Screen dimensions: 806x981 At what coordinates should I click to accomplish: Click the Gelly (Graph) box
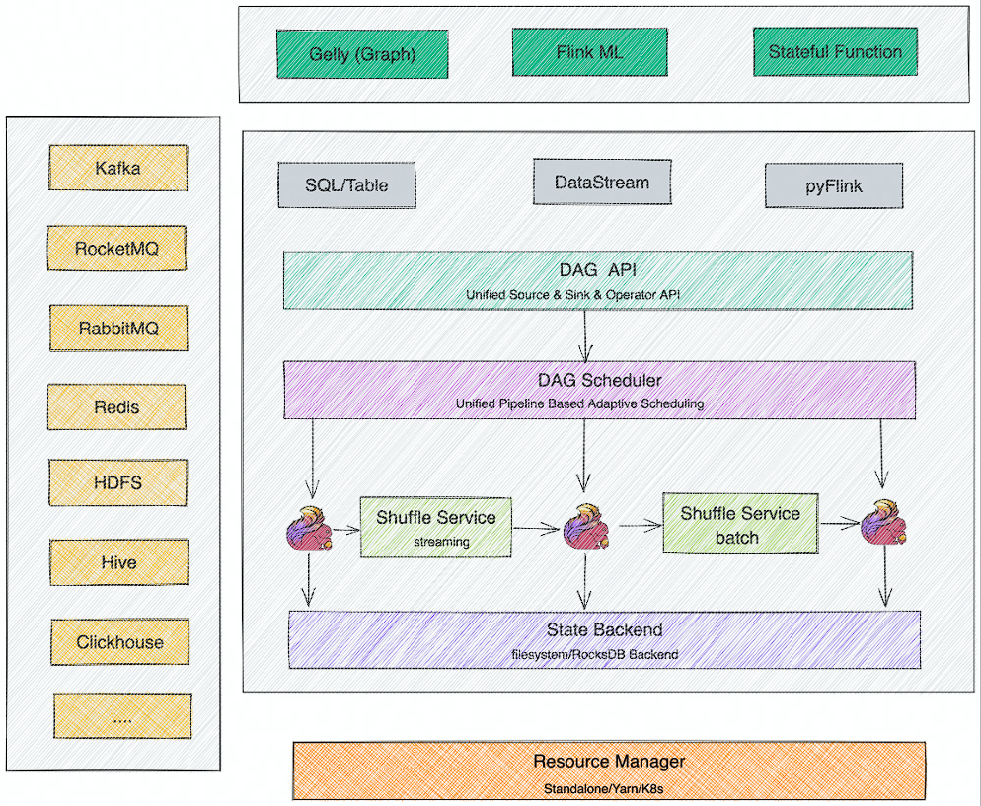362,53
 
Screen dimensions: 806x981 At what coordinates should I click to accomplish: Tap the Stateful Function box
835,51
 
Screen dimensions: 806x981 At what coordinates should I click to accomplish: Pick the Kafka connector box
117,168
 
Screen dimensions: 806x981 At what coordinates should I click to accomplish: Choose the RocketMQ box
116,249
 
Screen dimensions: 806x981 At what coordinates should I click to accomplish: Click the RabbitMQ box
118,328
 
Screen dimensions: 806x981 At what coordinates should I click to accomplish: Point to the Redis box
116,406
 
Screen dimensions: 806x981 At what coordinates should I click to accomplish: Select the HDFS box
117,483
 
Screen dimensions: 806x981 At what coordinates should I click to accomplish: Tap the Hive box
118,562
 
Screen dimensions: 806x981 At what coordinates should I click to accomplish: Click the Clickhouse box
119,642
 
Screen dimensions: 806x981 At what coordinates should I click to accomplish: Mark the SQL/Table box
346,185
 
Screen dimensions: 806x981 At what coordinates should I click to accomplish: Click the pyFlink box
834,185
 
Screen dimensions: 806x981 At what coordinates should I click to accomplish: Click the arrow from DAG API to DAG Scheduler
586,335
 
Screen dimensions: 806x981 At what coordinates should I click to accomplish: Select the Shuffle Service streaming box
436,527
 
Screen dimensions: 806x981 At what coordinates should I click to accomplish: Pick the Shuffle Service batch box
740,524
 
